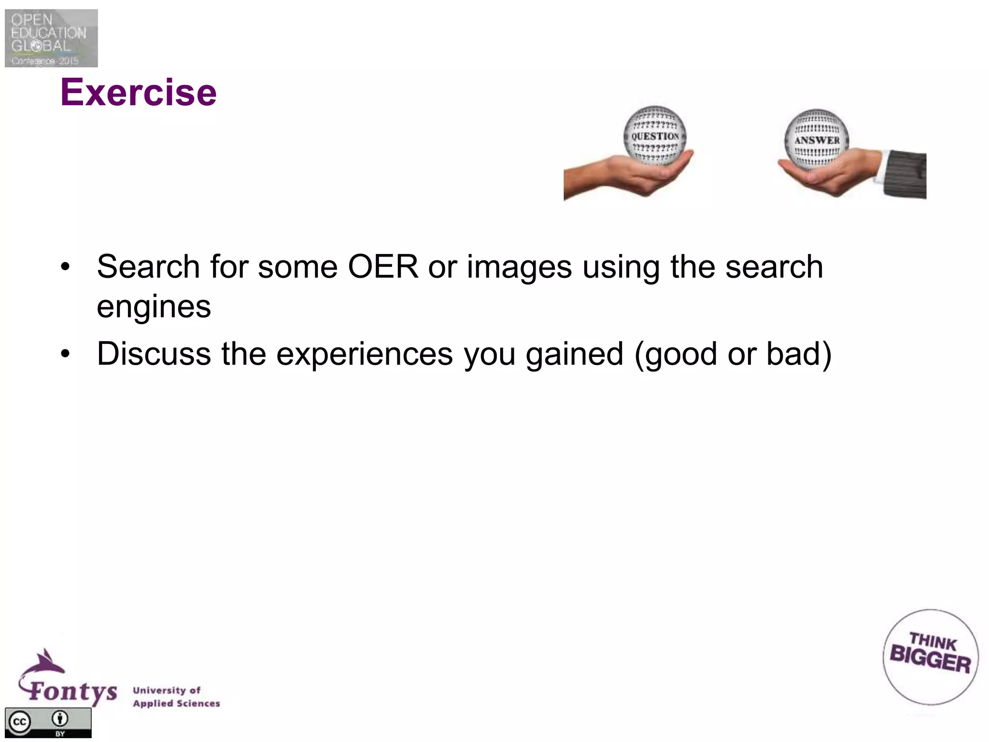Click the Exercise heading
139,93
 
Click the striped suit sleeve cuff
903,174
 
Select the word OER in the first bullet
383,267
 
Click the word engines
154,306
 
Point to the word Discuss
154,354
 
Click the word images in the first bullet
519,268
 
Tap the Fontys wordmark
72,692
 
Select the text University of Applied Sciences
176,697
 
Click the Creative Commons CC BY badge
48,723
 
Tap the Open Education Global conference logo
51,38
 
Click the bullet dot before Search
65,267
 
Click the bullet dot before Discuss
65,354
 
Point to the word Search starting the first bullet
148,267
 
